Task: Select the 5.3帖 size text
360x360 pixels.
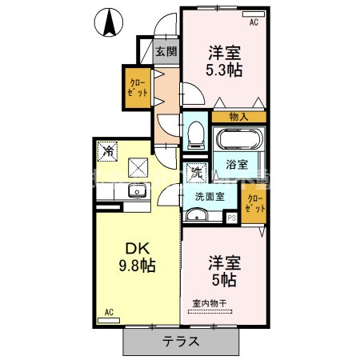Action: tap(225, 70)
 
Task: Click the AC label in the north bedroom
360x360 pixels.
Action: tap(254, 22)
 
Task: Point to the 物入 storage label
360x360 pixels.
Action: tap(238, 117)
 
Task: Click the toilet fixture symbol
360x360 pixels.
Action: tap(194, 137)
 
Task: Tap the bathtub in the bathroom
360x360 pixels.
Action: tap(237, 141)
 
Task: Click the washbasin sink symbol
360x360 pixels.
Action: tap(197, 215)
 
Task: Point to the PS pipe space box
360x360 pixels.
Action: tap(232, 217)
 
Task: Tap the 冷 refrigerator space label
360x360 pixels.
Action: tap(108, 150)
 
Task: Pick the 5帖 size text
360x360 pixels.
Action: tap(223, 279)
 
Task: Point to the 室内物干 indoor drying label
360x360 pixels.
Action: tap(210, 302)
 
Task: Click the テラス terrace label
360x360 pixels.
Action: tap(182, 340)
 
